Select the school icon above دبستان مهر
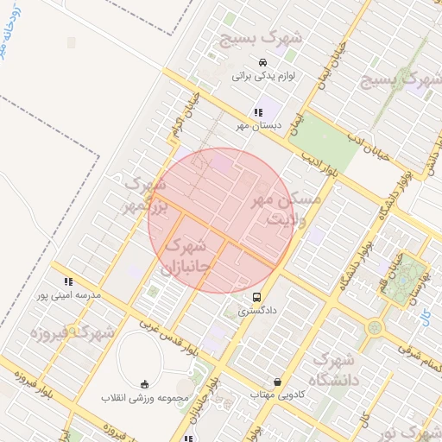pos(258,111)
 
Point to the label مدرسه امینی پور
pos(67,295)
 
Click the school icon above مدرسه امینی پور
pos(67,281)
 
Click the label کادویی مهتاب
pos(275,395)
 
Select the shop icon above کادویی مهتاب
pos(276,382)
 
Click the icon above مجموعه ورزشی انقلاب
pos(143,384)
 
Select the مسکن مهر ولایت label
pos(285,210)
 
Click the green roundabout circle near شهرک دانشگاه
pos(374,328)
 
